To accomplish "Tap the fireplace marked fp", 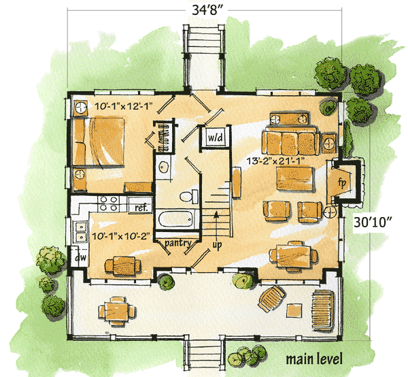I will pyautogui.click(x=343, y=181).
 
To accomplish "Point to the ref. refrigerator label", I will pyautogui.click(x=141, y=207).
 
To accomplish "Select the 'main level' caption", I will pyautogui.click(x=313, y=359).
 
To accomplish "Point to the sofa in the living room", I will pyautogui.click(x=290, y=142).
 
